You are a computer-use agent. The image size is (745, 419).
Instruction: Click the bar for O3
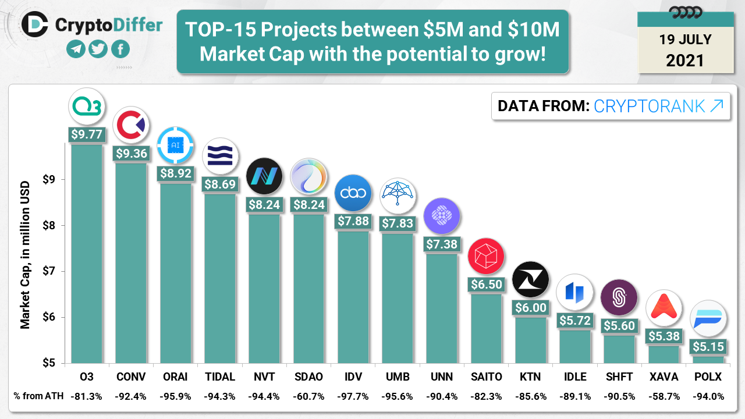[x=86, y=253]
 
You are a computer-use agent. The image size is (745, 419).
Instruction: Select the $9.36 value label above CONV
[x=131, y=154]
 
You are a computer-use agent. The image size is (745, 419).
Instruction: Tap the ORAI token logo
[x=175, y=145]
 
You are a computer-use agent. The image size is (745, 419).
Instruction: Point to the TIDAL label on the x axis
[x=219, y=377]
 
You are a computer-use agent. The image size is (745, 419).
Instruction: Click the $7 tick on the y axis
[x=49, y=272]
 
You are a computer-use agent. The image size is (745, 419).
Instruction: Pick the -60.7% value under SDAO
[x=308, y=396]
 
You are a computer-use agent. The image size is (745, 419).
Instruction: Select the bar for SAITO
[x=486, y=328]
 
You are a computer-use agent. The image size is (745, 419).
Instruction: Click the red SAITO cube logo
[x=486, y=257]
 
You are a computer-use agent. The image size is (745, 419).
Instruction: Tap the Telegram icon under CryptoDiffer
[x=76, y=49]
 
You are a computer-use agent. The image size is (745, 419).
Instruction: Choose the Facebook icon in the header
[x=120, y=49]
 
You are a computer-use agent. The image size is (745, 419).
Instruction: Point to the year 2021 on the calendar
[x=685, y=60]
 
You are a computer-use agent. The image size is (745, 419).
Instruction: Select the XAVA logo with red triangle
[x=664, y=308]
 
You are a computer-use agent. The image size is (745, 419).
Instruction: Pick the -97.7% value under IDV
[x=352, y=396]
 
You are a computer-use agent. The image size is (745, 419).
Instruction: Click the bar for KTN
[x=530, y=340]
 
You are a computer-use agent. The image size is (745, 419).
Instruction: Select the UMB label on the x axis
[x=397, y=377]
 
